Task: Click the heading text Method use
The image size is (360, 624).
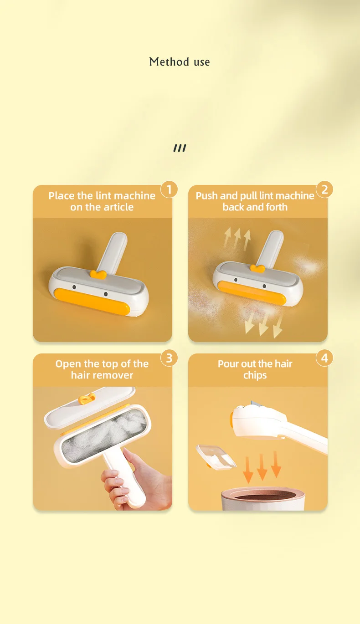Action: [x=180, y=62]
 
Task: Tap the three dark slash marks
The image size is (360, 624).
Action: [x=180, y=148]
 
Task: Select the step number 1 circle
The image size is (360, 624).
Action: [x=169, y=189]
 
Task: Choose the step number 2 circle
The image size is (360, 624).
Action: [x=324, y=189]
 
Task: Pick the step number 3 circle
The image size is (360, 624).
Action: [x=169, y=358]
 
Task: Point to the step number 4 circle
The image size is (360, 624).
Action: [x=324, y=358]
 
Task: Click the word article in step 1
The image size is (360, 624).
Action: [x=117, y=207]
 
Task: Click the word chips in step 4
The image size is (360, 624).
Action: [x=255, y=375]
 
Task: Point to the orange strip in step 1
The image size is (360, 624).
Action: [x=92, y=302]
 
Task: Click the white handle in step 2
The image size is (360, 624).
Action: [x=270, y=249]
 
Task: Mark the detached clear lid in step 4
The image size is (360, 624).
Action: [x=216, y=457]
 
